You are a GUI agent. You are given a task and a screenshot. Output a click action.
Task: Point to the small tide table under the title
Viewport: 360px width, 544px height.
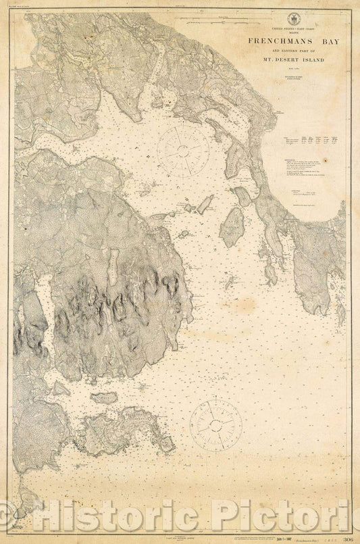coord(311,141)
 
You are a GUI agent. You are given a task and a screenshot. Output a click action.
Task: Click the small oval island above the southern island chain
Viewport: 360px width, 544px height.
coord(103,398)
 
